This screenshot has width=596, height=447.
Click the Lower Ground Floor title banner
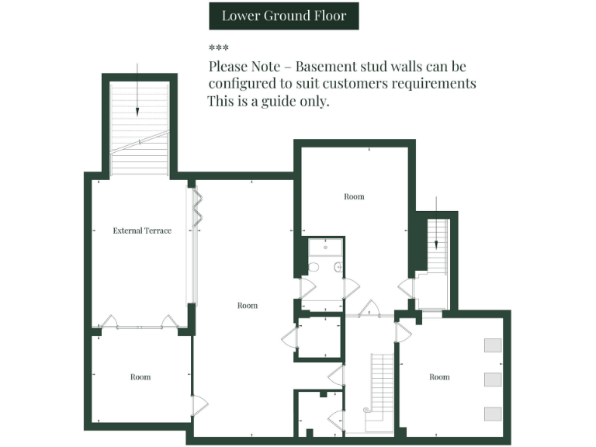click(x=283, y=16)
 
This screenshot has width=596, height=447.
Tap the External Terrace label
click(x=142, y=230)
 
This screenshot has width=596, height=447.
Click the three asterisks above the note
click(x=218, y=48)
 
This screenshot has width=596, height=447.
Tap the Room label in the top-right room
click(x=354, y=197)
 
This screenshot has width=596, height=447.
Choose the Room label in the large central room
click(x=247, y=306)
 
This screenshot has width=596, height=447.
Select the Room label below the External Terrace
click(x=140, y=377)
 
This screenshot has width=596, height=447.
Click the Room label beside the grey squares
click(x=439, y=377)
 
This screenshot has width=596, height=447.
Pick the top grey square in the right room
click(x=493, y=345)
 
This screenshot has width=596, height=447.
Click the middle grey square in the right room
click(x=493, y=379)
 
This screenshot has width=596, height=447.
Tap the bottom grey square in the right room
click(x=493, y=414)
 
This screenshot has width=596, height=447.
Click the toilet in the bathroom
click(x=314, y=268)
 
